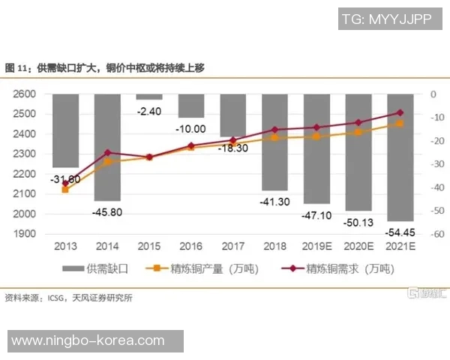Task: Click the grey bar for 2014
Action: pyautogui.click(x=107, y=147)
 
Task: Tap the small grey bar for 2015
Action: pyautogui.click(x=148, y=97)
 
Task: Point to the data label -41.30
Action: pyautogui.click(x=274, y=202)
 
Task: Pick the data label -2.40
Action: pyautogui.click(x=149, y=111)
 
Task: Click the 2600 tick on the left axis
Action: pyautogui.click(x=25, y=94)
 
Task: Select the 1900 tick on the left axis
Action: pyautogui.click(x=25, y=233)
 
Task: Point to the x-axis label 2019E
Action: pyautogui.click(x=316, y=247)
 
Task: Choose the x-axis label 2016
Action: pyautogui.click(x=190, y=247)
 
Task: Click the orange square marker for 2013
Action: pyautogui.click(x=65, y=190)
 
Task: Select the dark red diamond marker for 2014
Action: pyautogui.click(x=107, y=153)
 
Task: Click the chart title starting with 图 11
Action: pyautogui.click(x=105, y=67)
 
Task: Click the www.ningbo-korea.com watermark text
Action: pyautogui.click(x=88, y=340)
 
